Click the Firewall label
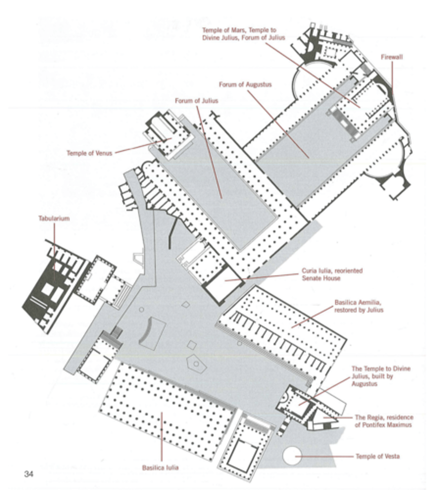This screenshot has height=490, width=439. tap(392, 57)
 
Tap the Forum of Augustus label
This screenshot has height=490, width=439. tap(245, 85)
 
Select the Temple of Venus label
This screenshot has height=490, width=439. tap(89, 153)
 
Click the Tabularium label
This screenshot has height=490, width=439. tap(54, 218)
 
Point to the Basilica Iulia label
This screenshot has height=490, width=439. tap(160, 468)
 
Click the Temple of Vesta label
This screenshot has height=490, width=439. tap(378, 457)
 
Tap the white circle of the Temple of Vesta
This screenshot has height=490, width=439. tap(292, 456)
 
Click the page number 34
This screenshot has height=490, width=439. tap(29, 474)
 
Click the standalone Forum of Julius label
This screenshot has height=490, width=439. tap(197, 100)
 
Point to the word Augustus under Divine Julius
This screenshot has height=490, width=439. tap(364, 384)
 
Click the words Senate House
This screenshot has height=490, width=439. tap(321, 278)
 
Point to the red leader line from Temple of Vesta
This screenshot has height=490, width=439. tap(324, 457)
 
